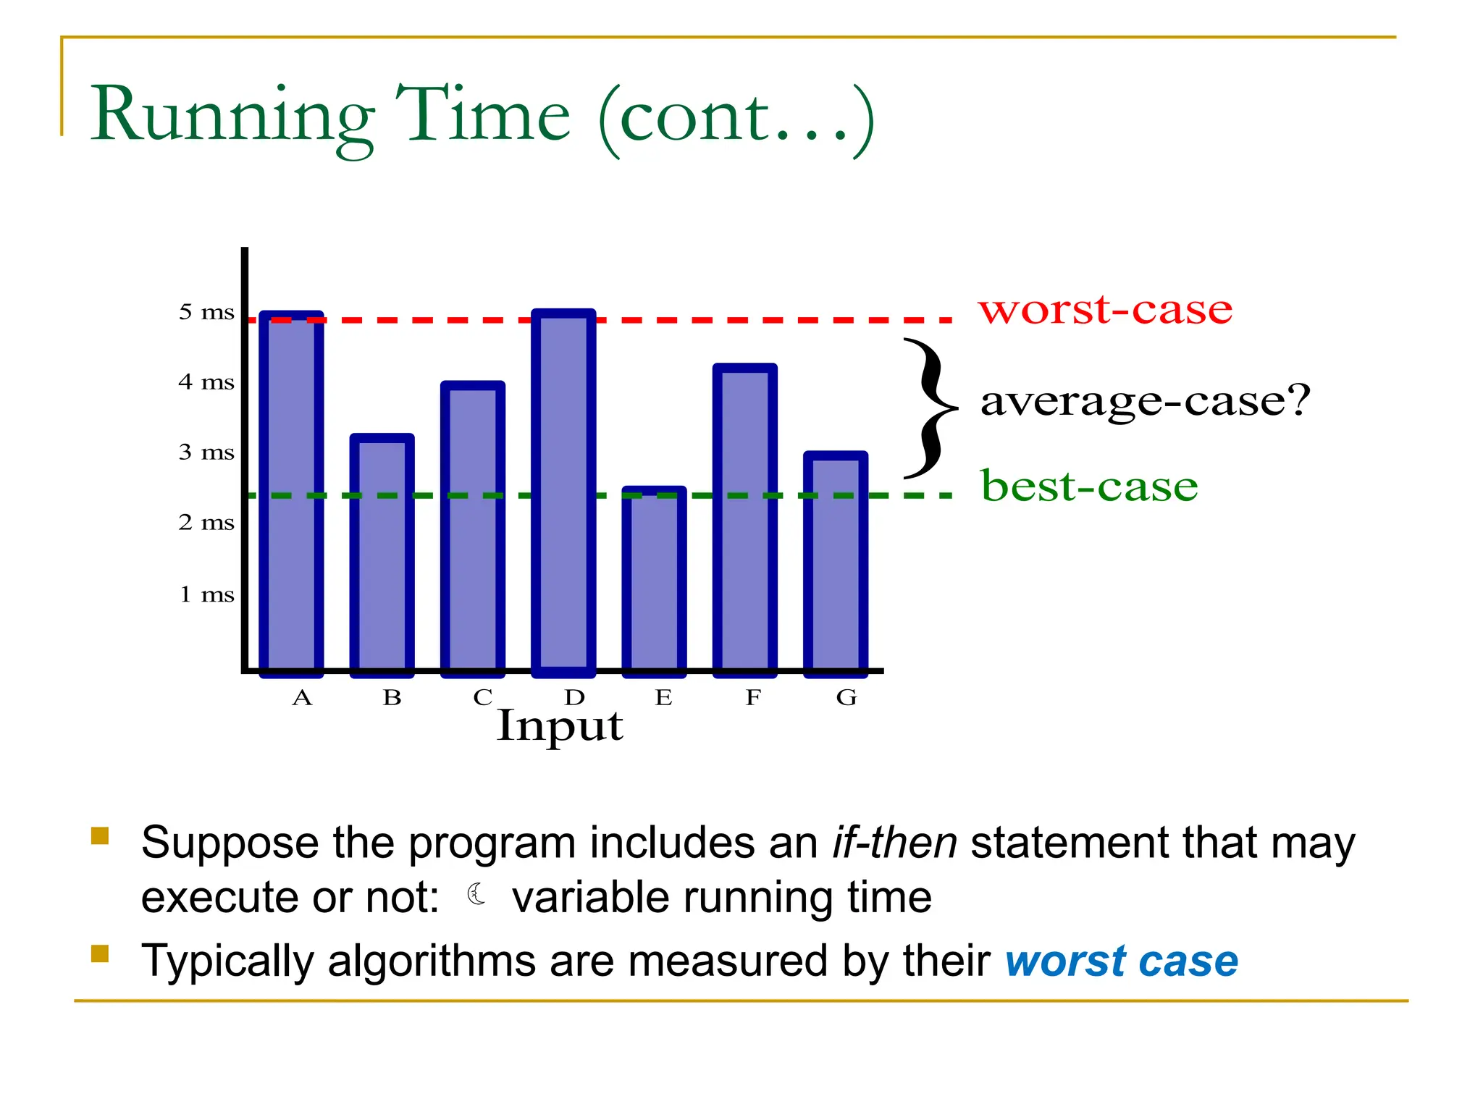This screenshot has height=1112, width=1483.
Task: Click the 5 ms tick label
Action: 206,312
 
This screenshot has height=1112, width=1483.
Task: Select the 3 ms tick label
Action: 206,452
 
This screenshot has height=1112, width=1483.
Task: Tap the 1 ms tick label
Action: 206,594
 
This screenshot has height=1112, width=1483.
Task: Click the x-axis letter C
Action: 483,697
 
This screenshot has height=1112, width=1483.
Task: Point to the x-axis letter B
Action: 392,697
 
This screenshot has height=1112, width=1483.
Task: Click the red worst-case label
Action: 1105,310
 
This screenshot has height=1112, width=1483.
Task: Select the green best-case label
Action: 1089,486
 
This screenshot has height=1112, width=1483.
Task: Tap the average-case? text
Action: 1146,400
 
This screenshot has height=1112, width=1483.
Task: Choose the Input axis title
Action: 559,726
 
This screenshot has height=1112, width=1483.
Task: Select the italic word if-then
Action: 894,843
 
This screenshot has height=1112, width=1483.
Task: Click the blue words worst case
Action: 1121,961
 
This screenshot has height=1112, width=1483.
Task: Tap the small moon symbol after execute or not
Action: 476,895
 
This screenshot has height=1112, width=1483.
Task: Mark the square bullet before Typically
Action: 100,953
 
